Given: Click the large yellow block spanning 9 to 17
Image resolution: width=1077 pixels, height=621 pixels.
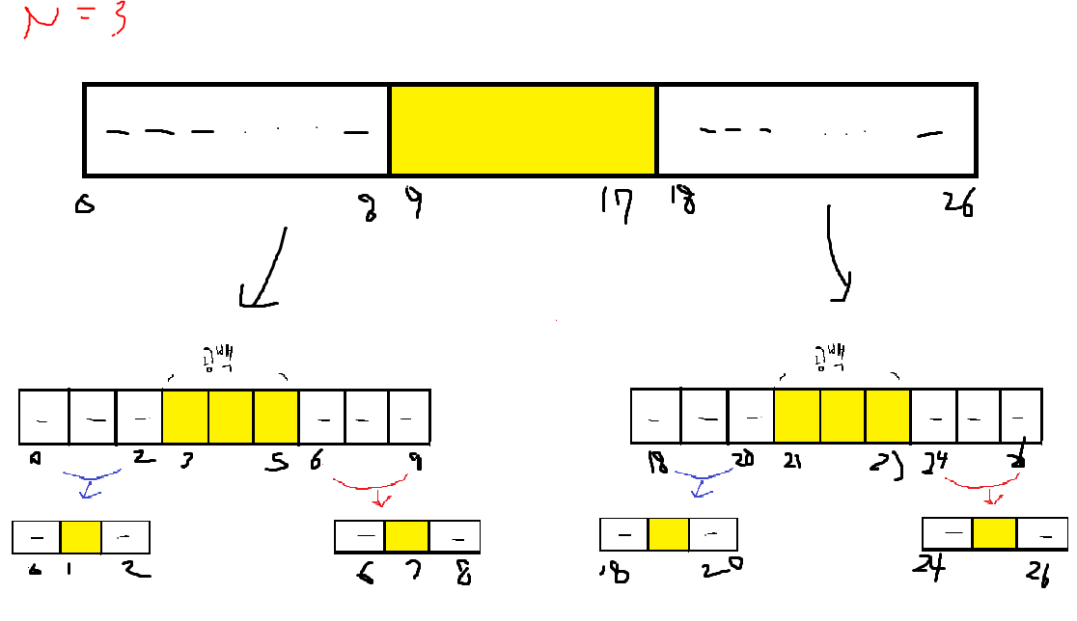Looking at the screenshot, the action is tap(523, 130).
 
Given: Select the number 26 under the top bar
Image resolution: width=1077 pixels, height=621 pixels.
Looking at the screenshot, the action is tap(959, 204).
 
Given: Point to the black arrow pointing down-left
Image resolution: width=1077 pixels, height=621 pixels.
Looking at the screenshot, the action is tap(263, 273).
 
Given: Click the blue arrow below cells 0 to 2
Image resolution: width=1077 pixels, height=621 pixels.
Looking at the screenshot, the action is tap(90, 482).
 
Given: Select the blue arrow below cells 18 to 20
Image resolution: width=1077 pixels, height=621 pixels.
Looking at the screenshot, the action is tap(704, 482).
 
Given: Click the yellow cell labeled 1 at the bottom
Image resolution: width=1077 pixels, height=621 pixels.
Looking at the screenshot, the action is tap(81, 537).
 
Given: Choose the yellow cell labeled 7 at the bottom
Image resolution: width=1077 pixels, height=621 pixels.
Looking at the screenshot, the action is tap(406, 536).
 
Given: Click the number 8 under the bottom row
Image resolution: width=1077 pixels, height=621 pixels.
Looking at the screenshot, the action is tap(462, 575).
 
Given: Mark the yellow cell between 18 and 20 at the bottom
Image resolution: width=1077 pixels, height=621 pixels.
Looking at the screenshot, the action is tap(668, 534).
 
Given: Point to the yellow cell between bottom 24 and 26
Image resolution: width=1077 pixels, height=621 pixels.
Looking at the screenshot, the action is tap(994, 533).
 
